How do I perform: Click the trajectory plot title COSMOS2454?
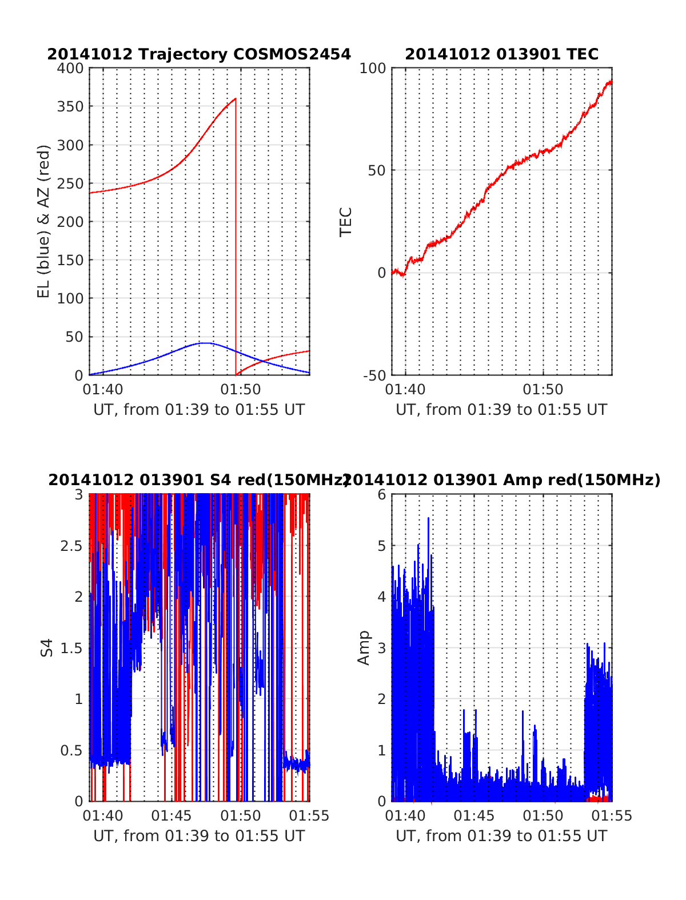pos(198,54)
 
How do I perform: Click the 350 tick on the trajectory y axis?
pos(70,107)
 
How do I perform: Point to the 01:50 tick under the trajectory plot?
pos(241,390)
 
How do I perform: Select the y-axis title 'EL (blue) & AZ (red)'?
pos(44,221)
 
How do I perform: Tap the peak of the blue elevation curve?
pos(205,343)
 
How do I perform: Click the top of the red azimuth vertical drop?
pos(236,99)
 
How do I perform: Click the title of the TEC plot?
pos(501,54)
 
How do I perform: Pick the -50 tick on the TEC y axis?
pos(374,375)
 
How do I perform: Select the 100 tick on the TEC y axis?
pos(373,69)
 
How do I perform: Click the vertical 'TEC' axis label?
pos(346,222)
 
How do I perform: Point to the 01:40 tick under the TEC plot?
pos(405,390)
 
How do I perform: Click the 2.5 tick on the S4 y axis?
pos(71,546)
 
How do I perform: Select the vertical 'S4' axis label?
pos(47,648)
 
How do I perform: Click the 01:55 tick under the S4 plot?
pos(309,815)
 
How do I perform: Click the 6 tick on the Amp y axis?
pos(382,495)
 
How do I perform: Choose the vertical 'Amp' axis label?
pos(364,648)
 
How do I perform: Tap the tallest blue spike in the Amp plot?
pos(428,519)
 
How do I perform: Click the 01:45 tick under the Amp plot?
pos(474,815)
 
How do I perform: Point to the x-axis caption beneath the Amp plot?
pos(501,836)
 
